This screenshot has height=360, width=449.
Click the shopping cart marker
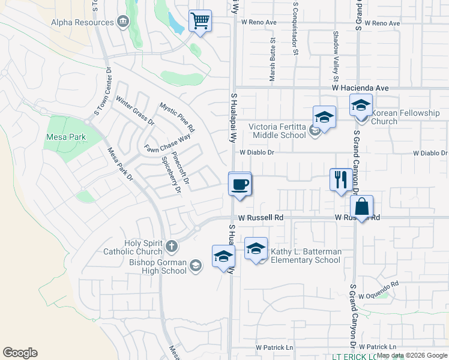pyautogui.click(x=200, y=22)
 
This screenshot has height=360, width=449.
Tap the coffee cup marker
pyautogui.click(x=240, y=184)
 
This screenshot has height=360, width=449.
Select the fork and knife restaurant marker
pyautogui.click(x=340, y=179)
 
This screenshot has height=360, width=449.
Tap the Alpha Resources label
pyautogui.click(x=82, y=22)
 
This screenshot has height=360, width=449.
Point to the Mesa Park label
pyautogui.click(x=65, y=137)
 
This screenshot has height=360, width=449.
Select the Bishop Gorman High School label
pyautogui.click(x=158, y=266)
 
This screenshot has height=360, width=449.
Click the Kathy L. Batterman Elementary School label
pyautogui.click(x=306, y=256)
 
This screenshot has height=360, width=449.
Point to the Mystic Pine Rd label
pyautogui.click(x=177, y=117)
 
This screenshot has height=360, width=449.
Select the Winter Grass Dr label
pyautogui.click(x=135, y=111)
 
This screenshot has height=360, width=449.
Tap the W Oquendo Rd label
pyautogui.click(x=378, y=290)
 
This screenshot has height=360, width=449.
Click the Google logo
pyautogui.click(x=20, y=353)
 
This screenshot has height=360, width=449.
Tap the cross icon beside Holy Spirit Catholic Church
pyautogui.click(x=172, y=245)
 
